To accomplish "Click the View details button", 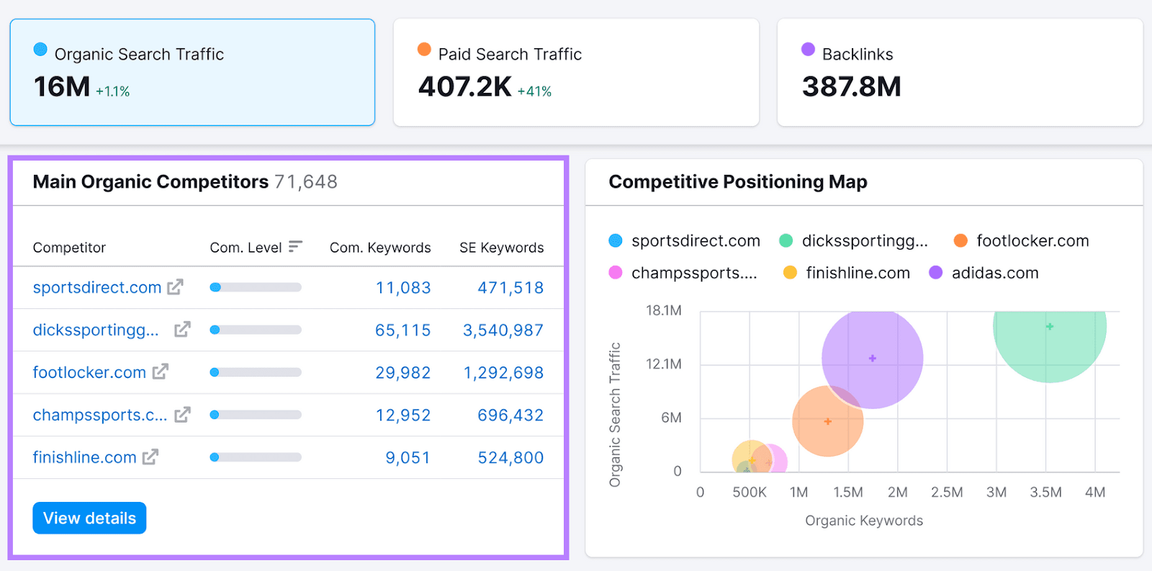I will [89, 518].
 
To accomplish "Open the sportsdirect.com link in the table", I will [96, 287].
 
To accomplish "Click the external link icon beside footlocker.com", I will [160, 372].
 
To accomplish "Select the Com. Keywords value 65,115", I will [402, 330].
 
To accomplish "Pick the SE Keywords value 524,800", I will [510, 457].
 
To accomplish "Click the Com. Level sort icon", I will [295, 247].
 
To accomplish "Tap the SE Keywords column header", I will [501, 247].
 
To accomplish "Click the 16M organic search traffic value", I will [62, 86].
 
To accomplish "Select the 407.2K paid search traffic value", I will [464, 86].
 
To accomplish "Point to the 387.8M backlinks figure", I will [851, 86].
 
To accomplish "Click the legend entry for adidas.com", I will [994, 273].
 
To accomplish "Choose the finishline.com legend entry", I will [857, 273].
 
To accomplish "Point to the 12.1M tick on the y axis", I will [663, 364].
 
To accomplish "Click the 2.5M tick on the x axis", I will [947, 492].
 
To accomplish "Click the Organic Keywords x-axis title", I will [863, 520].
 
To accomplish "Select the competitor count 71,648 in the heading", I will [305, 181].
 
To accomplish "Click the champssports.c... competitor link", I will [99, 415].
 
